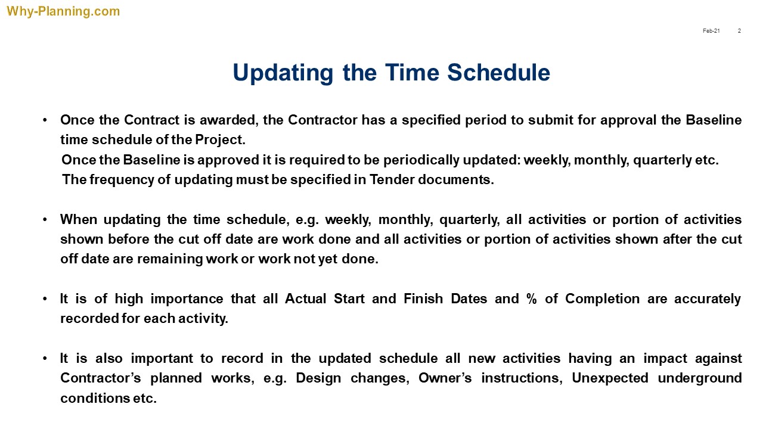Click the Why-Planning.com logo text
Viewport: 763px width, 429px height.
63,11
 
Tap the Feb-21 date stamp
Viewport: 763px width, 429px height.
711,31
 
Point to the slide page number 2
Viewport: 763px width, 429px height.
739,31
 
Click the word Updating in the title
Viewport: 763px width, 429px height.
283,73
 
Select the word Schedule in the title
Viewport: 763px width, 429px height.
499,73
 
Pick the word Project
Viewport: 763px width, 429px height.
220,140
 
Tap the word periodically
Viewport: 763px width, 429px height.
421,160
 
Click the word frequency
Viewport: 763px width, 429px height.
122,180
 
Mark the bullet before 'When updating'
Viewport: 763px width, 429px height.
45,220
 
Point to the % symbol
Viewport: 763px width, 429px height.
532,299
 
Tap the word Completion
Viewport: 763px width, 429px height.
602,299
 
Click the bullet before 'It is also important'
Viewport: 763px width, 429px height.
45,359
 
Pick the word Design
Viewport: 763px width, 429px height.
318,378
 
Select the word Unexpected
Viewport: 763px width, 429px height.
610,378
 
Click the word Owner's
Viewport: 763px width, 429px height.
445,378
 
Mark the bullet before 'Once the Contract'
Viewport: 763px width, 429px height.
45,120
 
